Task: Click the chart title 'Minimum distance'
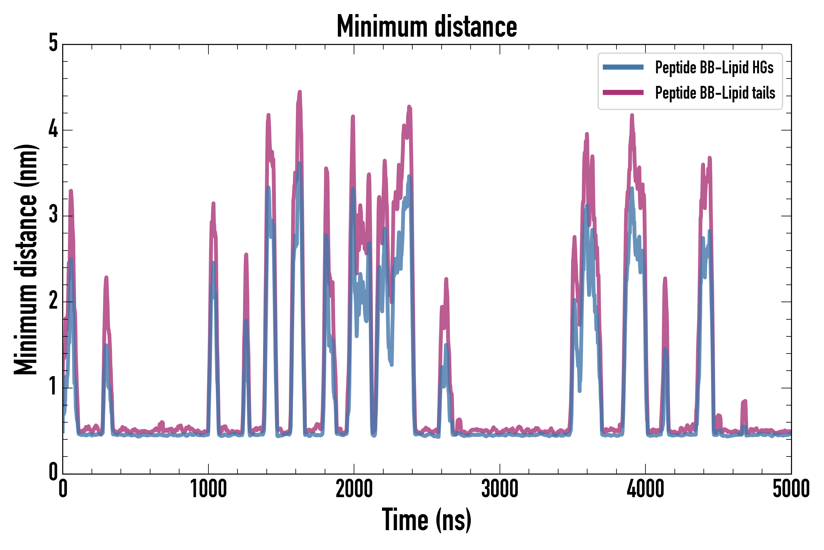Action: click(x=426, y=27)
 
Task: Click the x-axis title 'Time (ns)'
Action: click(x=426, y=519)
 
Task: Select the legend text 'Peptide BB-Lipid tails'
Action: click(x=715, y=93)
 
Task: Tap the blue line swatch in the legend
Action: click(x=623, y=67)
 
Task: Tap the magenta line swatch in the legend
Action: click(x=623, y=93)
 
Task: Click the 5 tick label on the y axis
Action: click(x=53, y=43)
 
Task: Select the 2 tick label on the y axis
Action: click(x=53, y=301)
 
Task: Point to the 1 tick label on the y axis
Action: click(x=53, y=387)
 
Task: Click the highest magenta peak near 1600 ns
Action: click(x=300, y=92)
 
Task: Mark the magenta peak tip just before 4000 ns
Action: click(x=632, y=115)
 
